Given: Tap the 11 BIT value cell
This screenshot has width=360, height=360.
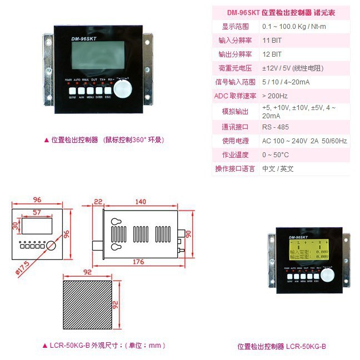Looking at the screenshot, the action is pos(272,41).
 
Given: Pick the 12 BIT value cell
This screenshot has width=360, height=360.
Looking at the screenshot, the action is pos(272,54).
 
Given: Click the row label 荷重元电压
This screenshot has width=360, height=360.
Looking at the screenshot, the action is pos(236,68).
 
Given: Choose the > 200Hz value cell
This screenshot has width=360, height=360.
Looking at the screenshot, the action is pos(275,96).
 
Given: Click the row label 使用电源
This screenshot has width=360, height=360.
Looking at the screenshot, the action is pos(236,141).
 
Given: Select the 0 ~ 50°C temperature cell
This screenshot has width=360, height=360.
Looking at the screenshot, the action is pos(276,155).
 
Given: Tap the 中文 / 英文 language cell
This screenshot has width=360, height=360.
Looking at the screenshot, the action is pos(278,169).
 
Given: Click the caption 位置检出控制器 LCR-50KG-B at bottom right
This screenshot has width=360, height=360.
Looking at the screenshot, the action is pos(282,346).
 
